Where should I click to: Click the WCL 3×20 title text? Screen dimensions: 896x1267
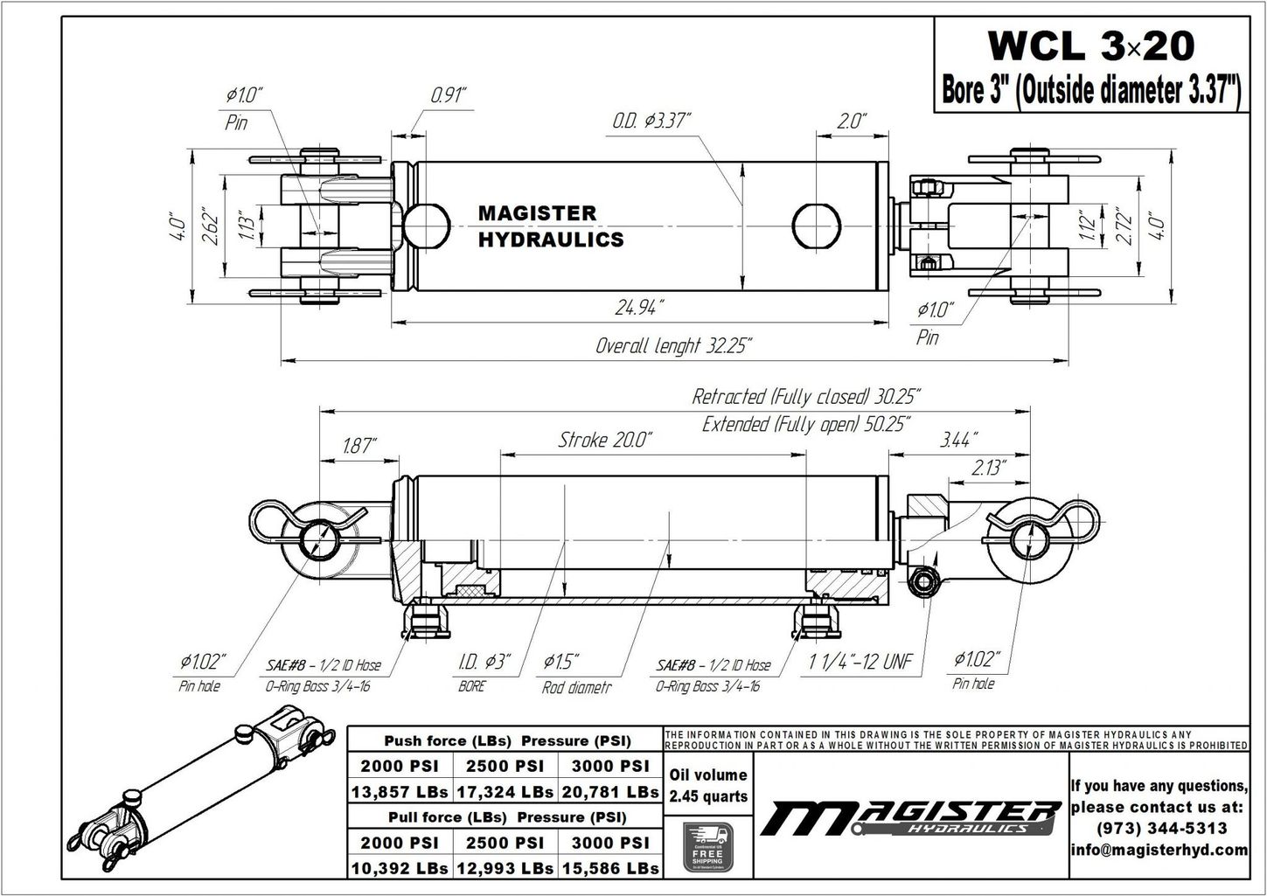pyautogui.click(x=1089, y=45)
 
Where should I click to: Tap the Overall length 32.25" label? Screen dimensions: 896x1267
pyautogui.click(x=673, y=346)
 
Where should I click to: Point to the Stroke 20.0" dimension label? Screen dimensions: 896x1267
pyautogui.click(x=605, y=440)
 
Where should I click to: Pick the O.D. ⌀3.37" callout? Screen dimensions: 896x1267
pyautogui.click(x=651, y=120)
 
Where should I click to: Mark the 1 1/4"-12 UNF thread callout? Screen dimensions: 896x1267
pyautogui.click(x=860, y=662)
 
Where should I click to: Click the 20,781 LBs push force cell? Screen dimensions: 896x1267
pyautogui.click(x=610, y=792)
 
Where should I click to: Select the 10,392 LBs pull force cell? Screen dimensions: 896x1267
pyautogui.click(x=400, y=868)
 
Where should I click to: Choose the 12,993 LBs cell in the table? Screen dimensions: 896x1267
pyautogui.click(x=505, y=868)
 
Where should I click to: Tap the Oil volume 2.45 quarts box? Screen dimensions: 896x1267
pyautogui.click(x=707, y=785)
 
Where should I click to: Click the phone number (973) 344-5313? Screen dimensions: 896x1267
pyautogui.click(x=1159, y=828)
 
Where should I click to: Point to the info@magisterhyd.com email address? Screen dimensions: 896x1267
pyautogui.click(x=1159, y=850)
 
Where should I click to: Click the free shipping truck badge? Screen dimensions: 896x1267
pyautogui.click(x=707, y=846)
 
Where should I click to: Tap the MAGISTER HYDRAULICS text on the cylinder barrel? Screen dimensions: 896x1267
pyautogui.click(x=550, y=226)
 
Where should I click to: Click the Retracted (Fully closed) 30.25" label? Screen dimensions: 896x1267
pyautogui.click(x=805, y=397)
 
